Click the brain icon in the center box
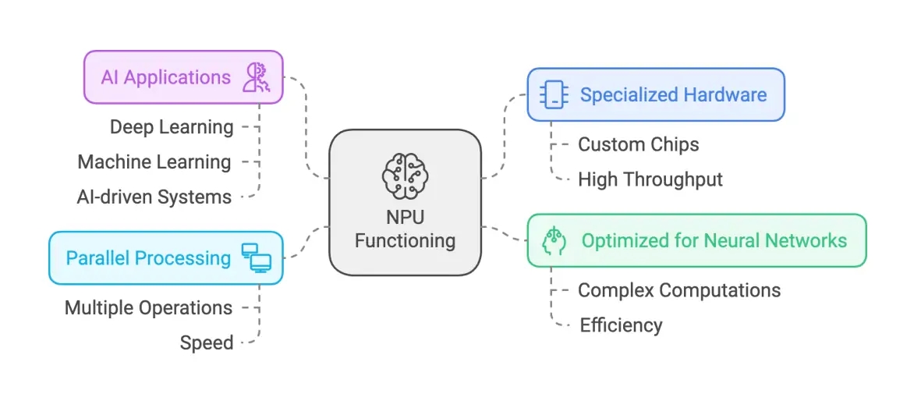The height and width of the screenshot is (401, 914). pyautogui.click(x=405, y=177)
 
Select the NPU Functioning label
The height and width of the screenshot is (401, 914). pyautogui.click(x=405, y=229)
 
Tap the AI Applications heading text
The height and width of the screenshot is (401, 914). pyautogui.click(x=165, y=77)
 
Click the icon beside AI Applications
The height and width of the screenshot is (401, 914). pyautogui.click(x=256, y=78)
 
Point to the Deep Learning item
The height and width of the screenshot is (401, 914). pyautogui.click(x=172, y=127)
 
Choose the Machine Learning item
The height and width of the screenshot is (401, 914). pyautogui.click(x=154, y=162)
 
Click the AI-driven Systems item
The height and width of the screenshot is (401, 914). pyautogui.click(x=154, y=197)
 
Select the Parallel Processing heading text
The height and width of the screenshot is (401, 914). pyautogui.click(x=148, y=258)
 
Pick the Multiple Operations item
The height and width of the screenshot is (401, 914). pyautogui.click(x=148, y=308)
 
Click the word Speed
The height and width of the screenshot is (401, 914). pyautogui.click(x=207, y=342)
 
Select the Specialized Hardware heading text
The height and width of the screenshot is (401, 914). pyautogui.click(x=673, y=95)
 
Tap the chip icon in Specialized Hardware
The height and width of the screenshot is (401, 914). pyautogui.click(x=554, y=95)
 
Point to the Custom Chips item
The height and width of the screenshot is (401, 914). pyautogui.click(x=638, y=144)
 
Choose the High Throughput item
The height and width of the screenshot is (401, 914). pyautogui.click(x=650, y=179)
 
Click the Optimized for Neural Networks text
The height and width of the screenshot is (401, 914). pyautogui.click(x=714, y=240)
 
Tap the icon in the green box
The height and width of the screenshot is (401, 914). pyautogui.click(x=554, y=240)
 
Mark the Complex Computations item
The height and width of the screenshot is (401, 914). pyautogui.click(x=678, y=290)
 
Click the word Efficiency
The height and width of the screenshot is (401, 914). pyautogui.click(x=621, y=325)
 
